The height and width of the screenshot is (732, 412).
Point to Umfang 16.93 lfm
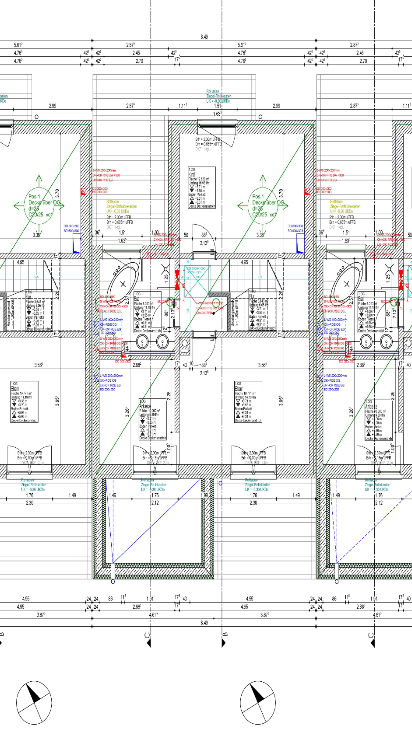(199, 183)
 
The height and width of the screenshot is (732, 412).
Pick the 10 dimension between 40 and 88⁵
(191, 363)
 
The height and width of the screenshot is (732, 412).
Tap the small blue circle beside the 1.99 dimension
(220, 483)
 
